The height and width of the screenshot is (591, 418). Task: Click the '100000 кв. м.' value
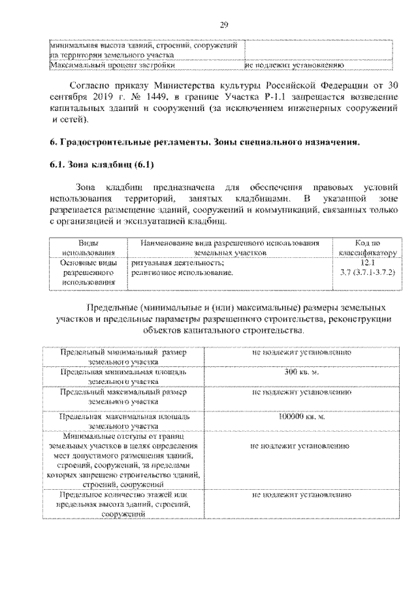point(301,416)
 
